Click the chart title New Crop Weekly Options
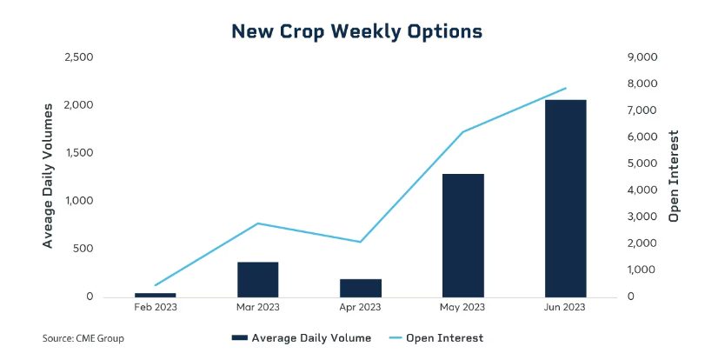click(356, 31)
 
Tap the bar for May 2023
click(462, 235)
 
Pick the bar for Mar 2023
click(257, 279)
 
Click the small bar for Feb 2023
click(156, 295)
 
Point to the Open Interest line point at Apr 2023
click(360, 242)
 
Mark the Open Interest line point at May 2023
click(462, 132)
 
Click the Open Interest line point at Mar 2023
click(257, 223)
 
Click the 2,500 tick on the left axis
click(79, 57)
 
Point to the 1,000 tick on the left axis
click(79, 201)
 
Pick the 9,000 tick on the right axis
click(642, 57)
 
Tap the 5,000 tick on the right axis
click(642, 163)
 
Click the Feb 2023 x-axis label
click(156, 307)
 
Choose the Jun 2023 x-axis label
click(565, 307)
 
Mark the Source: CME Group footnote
click(88, 337)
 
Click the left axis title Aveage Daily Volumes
click(49, 174)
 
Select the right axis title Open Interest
click(674, 177)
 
